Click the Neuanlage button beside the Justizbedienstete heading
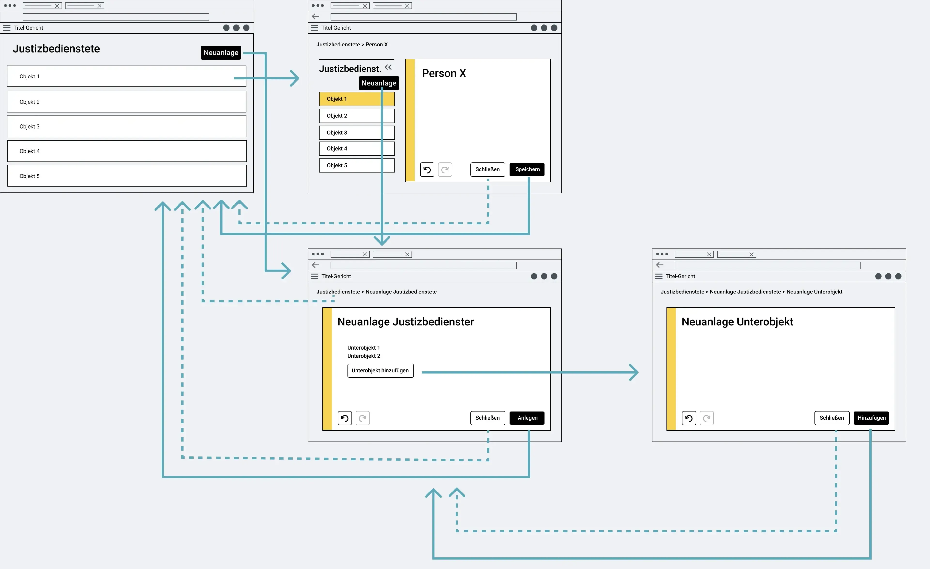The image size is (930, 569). [221, 53]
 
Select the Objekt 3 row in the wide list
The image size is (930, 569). [126, 126]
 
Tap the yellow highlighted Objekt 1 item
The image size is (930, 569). [357, 99]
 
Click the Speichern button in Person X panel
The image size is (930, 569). [527, 169]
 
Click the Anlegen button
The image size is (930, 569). [527, 418]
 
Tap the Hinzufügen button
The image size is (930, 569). [871, 418]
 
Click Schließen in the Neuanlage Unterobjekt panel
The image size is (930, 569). [831, 418]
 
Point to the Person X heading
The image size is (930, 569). [444, 73]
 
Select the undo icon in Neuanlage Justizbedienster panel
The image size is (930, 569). [345, 418]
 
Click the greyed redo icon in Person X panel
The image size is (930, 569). [445, 170]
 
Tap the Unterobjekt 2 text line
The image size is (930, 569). [364, 356]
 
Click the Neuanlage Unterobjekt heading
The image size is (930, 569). [737, 322]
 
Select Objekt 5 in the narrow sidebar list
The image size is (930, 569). [357, 165]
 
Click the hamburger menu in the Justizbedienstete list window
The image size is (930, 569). [7, 28]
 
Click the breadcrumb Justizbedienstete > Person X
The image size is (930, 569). [352, 45]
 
